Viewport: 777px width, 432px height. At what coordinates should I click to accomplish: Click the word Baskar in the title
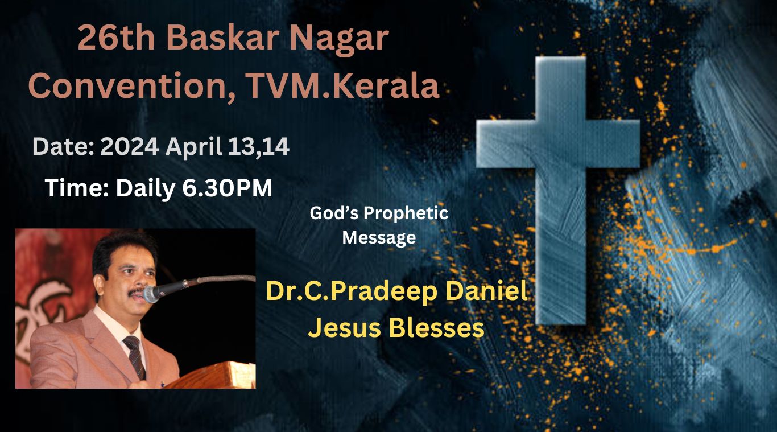223,38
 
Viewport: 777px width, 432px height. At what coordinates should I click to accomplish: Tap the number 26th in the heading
116,38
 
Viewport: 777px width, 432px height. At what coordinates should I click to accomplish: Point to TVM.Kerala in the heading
343,85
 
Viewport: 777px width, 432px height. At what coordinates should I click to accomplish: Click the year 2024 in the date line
130,146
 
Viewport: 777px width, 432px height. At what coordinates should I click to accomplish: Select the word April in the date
194,147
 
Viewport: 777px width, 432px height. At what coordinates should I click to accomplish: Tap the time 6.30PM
227,188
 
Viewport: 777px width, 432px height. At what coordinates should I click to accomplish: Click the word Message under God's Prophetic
379,238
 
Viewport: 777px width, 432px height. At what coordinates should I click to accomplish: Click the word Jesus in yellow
345,327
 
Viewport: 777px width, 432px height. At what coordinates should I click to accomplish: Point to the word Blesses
437,327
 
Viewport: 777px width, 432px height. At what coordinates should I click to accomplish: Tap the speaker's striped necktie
135,357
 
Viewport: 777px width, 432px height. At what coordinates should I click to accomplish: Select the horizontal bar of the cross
558,144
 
